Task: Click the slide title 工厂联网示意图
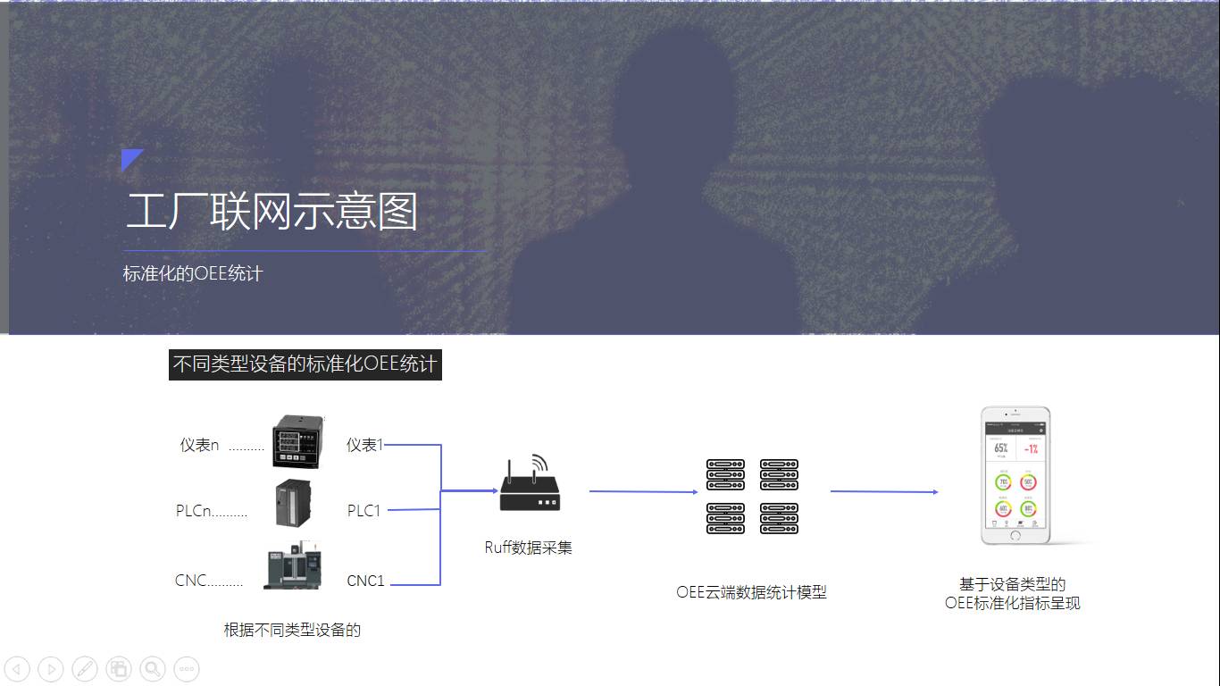[272, 212]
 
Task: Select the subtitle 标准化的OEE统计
[193, 273]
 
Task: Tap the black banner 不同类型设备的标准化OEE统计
[305, 364]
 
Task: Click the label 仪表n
[199, 445]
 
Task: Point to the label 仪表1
[364, 445]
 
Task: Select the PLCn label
[194, 511]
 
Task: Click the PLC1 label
[364, 511]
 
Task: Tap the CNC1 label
[365, 581]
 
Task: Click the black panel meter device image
[295, 442]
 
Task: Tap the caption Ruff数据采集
[528, 548]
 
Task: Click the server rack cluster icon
[752, 497]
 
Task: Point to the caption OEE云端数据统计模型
[751, 592]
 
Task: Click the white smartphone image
[1015, 475]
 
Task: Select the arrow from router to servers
[643, 491]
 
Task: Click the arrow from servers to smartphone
[884, 491]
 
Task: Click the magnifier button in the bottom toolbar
[153, 668]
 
